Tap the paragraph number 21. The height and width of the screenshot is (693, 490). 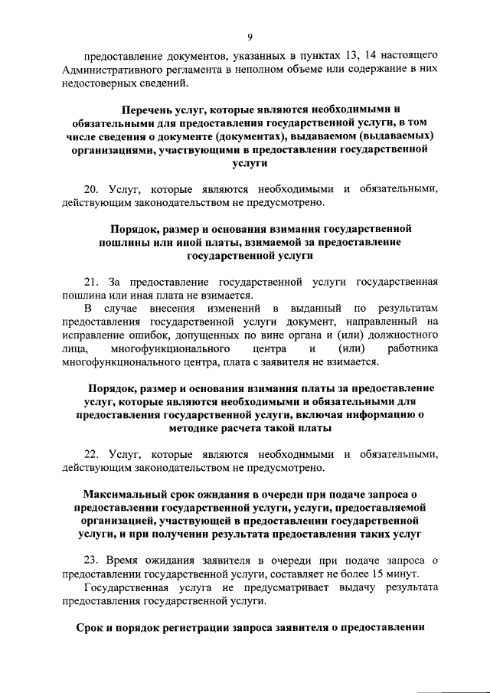[x=90, y=280]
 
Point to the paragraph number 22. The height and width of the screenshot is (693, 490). [x=90, y=453]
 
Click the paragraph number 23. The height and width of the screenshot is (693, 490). [x=90, y=566]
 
